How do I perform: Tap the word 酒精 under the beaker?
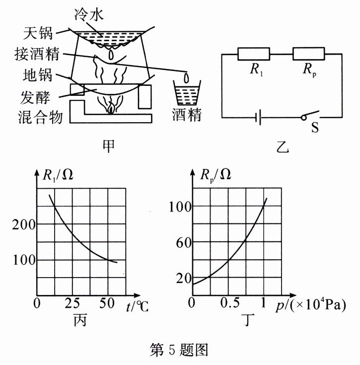point(187,116)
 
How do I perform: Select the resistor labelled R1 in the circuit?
point(253,54)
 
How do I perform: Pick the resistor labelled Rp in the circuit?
point(308,54)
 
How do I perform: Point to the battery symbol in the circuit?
point(258,118)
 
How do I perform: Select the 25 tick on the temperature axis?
point(73,303)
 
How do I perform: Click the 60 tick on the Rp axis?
point(181,242)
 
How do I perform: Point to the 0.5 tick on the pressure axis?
point(229,303)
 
